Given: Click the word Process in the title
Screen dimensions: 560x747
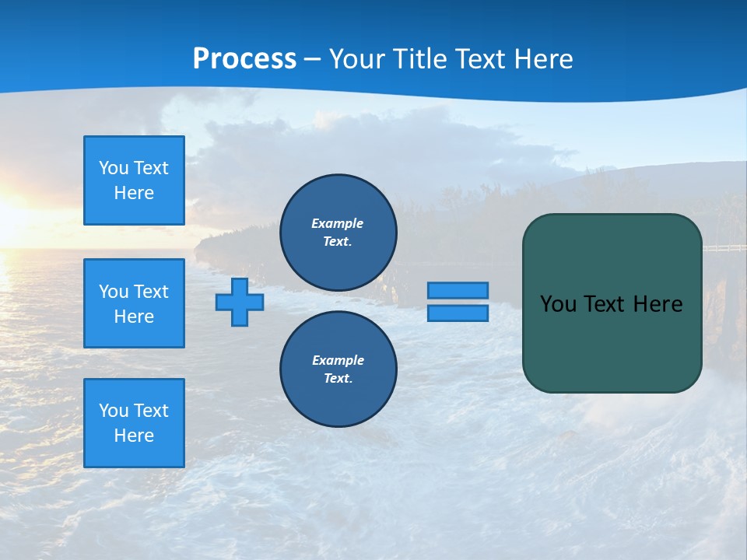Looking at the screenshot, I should (244, 59).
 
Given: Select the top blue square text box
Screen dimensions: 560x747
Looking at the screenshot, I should (134, 180).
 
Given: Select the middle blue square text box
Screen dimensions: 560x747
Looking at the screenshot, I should (134, 303).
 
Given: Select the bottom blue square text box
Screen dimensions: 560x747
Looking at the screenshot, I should (134, 423).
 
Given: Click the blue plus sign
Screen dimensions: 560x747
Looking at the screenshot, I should (240, 302).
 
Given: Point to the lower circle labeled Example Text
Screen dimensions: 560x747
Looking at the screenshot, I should (338, 369).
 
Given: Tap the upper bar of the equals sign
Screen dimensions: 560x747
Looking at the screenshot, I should (458, 290).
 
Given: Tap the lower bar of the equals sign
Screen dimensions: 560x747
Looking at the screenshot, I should (458, 313).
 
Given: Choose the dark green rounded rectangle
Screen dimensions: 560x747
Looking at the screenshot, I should (612, 342).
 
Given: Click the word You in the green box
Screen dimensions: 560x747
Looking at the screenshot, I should (558, 304).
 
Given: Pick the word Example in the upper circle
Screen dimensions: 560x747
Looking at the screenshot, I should (338, 223).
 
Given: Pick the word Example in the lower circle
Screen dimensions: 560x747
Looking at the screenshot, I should (338, 360).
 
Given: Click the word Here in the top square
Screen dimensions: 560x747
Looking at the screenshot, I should (134, 193).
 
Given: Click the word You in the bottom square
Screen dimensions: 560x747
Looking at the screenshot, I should (114, 411).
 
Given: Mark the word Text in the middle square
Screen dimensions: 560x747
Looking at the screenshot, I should (151, 292).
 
